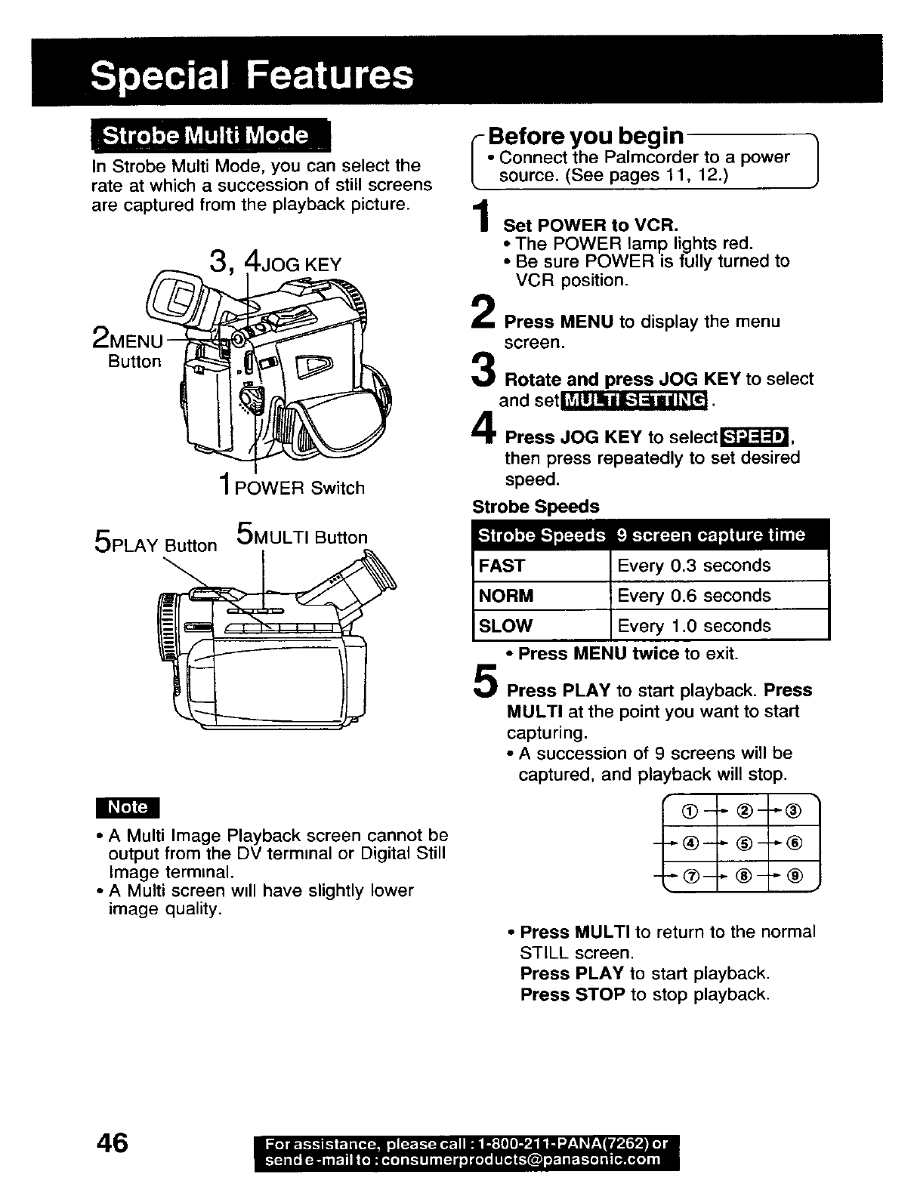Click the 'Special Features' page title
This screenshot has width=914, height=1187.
(x=252, y=75)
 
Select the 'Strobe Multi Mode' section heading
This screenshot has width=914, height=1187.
(x=205, y=136)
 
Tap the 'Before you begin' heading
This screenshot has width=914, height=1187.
(x=585, y=137)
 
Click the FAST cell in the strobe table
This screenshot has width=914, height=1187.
(x=502, y=566)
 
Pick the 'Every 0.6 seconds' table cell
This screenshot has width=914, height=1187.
(x=693, y=596)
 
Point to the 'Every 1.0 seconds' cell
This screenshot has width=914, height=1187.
(x=694, y=626)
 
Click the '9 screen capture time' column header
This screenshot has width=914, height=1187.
(x=710, y=535)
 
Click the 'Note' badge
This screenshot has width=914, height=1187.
(x=128, y=806)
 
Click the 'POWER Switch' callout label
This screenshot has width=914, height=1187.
(x=300, y=489)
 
